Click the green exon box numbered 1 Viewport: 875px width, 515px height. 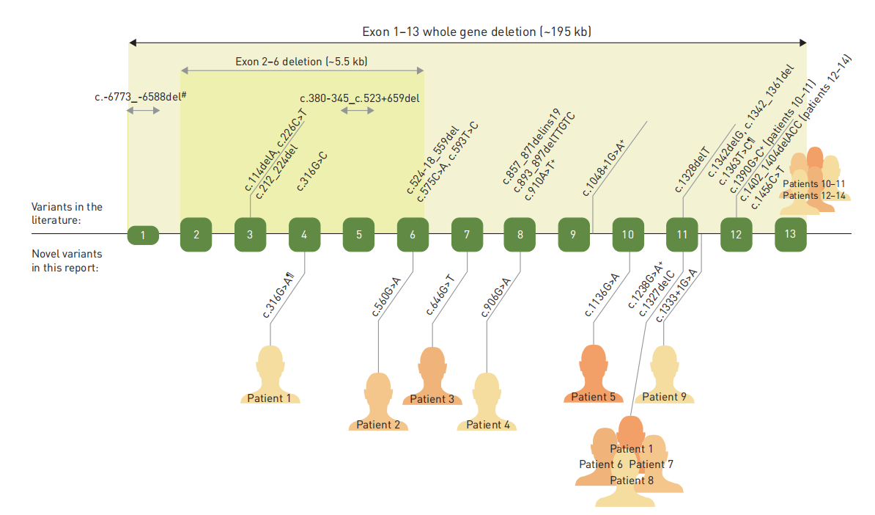(x=144, y=235)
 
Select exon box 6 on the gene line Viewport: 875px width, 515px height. (x=413, y=235)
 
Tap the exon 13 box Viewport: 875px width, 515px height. (x=789, y=234)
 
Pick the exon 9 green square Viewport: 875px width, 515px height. (x=574, y=235)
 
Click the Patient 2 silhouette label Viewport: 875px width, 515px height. (x=378, y=425)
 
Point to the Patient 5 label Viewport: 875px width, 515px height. (x=594, y=397)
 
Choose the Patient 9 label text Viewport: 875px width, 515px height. (x=665, y=397)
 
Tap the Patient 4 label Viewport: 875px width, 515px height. (x=488, y=425)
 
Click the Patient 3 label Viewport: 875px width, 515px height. (x=432, y=399)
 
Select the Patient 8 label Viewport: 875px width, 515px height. (x=632, y=480)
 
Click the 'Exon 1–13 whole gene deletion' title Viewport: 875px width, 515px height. (x=476, y=32)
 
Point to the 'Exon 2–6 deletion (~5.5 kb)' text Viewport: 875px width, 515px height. (x=301, y=62)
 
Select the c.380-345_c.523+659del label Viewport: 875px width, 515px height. (x=360, y=98)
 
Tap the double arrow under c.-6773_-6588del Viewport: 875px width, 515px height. (x=144, y=111)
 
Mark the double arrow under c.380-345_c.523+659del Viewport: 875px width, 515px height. (x=358, y=111)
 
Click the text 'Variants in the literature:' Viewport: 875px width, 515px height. (x=67, y=213)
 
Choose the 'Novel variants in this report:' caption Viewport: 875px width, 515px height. (x=67, y=260)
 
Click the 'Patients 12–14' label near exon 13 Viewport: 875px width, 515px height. (x=814, y=196)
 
